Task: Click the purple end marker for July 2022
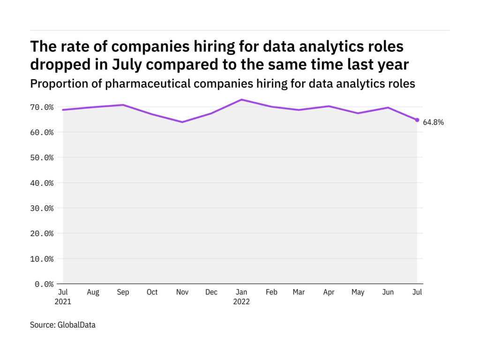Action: pyautogui.click(x=417, y=120)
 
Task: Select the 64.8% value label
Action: pyautogui.click(x=434, y=122)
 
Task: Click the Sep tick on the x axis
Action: pyautogui.click(x=122, y=292)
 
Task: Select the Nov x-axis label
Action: pyautogui.click(x=182, y=292)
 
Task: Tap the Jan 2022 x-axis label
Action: pyautogui.click(x=241, y=297)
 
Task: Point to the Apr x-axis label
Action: pyautogui.click(x=329, y=292)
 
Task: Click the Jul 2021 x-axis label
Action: pyautogui.click(x=63, y=297)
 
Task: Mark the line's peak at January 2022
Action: pyautogui.click(x=241, y=100)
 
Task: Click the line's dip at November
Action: pyautogui.click(x=182, y=122)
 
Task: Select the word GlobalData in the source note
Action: pyautogui.click(x=76, y=324)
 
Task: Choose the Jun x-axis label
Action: pyautogui.click(x=388, y=292)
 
